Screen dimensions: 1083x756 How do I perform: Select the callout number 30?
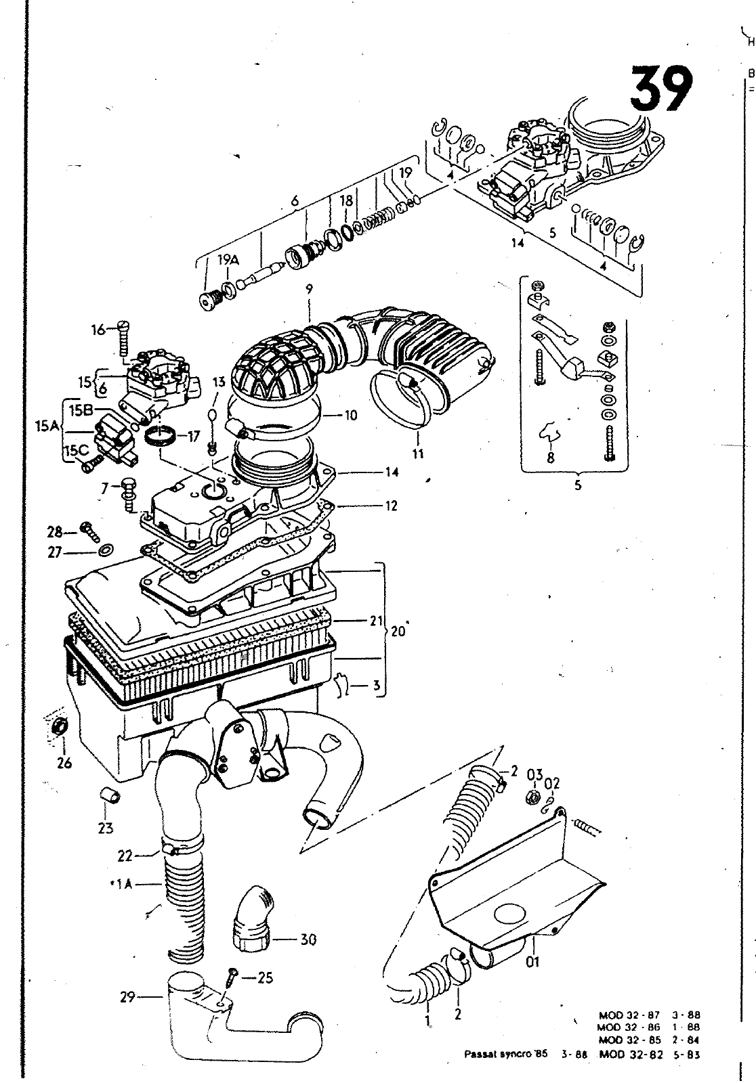coord(308,940)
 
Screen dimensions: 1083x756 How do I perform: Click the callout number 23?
coord(106,828)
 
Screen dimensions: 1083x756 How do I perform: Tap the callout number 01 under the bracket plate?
coord(533,960)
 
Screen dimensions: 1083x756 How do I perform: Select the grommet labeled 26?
coord(60,727)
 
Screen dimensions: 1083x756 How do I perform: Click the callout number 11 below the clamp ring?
coord(418,454)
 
